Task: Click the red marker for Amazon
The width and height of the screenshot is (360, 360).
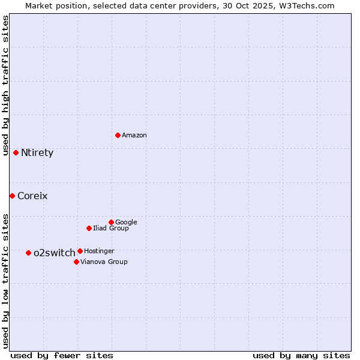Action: coord(118,135)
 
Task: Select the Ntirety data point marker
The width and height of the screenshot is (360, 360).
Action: coord(16,152)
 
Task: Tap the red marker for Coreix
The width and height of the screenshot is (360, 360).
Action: coord(12,196)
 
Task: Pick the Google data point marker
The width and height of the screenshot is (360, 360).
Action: coord(111,222)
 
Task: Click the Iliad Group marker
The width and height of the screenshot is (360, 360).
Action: coord(89,228)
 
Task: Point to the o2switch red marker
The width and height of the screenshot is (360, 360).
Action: coord(28,253)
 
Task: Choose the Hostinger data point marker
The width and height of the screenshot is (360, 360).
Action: coord(80,251)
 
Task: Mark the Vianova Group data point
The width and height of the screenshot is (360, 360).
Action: coord(76,262)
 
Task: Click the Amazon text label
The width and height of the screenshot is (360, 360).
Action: coord(134,136)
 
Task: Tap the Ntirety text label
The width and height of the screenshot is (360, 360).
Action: coord(37,153)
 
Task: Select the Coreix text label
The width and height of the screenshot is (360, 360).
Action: coord(32,196)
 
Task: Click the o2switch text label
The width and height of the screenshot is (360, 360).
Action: coord(55,253)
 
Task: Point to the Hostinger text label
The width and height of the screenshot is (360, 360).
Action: coord(99,251)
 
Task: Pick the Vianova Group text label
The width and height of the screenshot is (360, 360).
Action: coord(104,262)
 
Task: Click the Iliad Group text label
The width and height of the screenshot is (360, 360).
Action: coord(111,228)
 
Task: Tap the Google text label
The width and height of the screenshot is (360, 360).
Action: coord(126,222)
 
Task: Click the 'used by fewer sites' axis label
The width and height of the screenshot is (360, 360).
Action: coord(62,355)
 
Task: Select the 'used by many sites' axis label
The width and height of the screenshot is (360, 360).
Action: coord(301,355)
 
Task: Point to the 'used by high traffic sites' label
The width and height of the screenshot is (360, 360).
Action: coord(6,85)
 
